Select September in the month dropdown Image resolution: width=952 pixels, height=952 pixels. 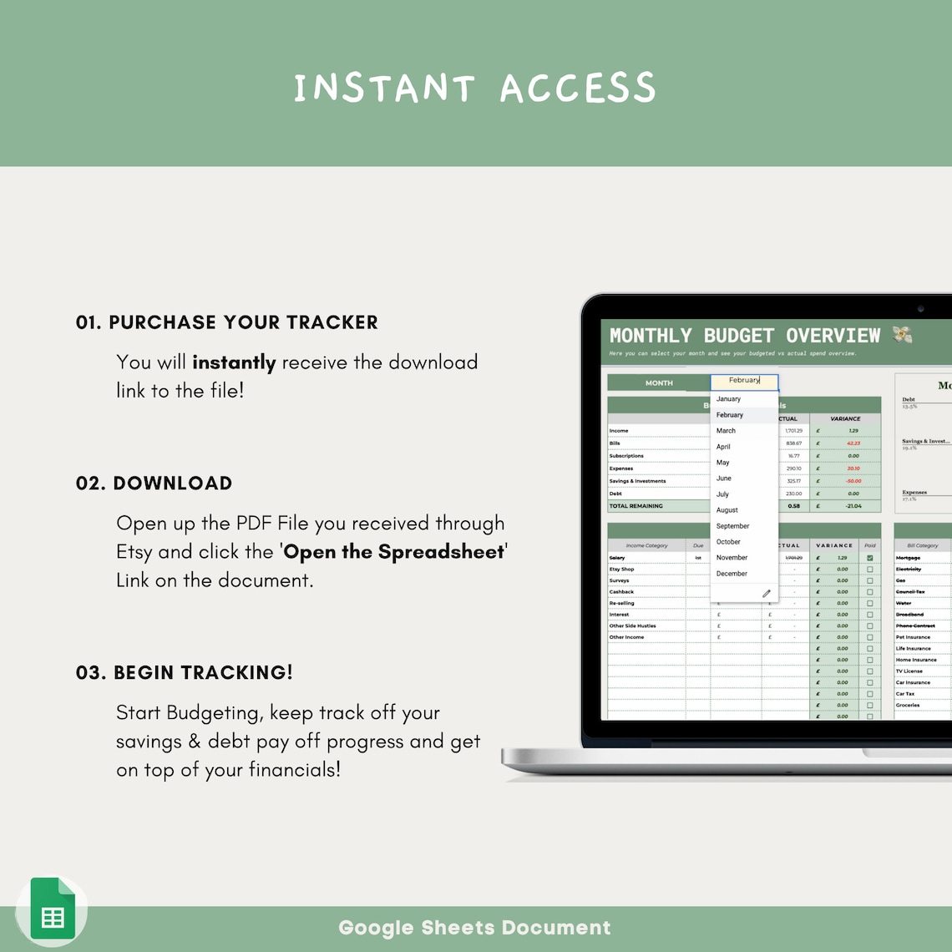732,526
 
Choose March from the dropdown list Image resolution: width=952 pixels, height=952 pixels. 726,431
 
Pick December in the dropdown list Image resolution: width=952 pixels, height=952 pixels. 732,574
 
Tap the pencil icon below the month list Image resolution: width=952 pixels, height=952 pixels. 766,594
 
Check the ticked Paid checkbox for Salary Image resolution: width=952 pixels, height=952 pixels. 870,558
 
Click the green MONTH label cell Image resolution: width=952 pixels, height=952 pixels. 658,383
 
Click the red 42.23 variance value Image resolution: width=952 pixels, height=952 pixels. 853,443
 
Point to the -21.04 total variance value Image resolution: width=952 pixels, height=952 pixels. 853,506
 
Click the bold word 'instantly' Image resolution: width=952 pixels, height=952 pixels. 234,362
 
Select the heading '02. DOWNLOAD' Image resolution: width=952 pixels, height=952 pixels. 154,484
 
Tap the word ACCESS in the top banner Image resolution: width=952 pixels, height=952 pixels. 577,89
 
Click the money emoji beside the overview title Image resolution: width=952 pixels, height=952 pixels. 902,335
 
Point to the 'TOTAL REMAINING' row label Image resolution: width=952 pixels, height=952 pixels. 636,506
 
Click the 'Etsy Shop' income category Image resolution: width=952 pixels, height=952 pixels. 621,570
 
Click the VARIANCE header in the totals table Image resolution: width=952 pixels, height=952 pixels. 845,418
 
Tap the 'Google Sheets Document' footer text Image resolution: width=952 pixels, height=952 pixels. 474,928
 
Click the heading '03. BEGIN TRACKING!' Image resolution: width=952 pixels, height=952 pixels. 185,673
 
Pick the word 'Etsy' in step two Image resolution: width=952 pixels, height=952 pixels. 134,552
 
